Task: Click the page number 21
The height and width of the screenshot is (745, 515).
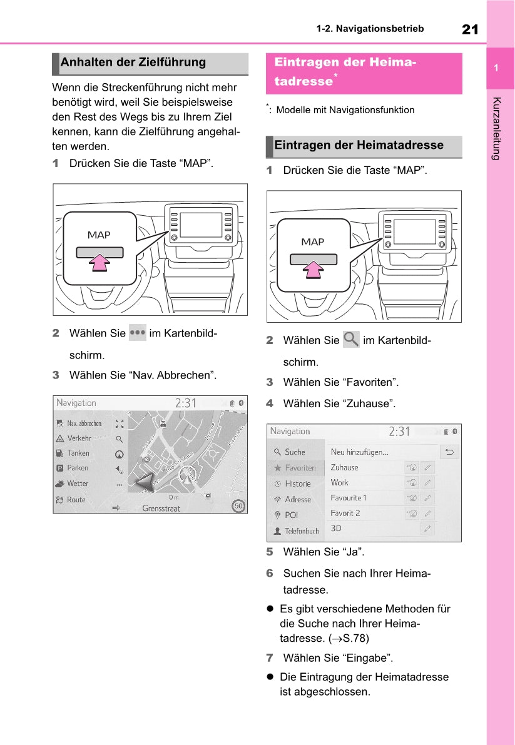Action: coord(470,29)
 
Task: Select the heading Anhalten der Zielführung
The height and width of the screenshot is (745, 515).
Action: coord(133,63)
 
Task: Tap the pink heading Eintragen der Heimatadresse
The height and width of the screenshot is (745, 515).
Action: coord(345,72)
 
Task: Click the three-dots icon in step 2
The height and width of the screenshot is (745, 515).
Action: coord(137,333)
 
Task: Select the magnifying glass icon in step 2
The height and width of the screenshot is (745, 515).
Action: coord(351,340)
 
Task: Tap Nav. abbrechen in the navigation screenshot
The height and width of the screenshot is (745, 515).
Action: coord(84,423)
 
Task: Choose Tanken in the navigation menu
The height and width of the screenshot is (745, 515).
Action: coord(78,454)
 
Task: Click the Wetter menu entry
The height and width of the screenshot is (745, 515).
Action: coord(78,484)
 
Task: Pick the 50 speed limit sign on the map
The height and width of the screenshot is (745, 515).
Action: coord(238,505)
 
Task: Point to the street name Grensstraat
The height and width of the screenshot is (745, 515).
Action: coord(161,509)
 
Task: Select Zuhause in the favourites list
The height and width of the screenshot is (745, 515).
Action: coord(345,467)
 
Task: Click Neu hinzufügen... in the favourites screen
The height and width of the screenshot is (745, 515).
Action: coord(359,452)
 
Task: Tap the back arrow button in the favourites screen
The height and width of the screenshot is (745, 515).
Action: coord(449,452)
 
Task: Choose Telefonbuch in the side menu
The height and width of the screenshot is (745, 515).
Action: coord(302,531)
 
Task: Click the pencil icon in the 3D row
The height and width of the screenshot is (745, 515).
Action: coord(427,529)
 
